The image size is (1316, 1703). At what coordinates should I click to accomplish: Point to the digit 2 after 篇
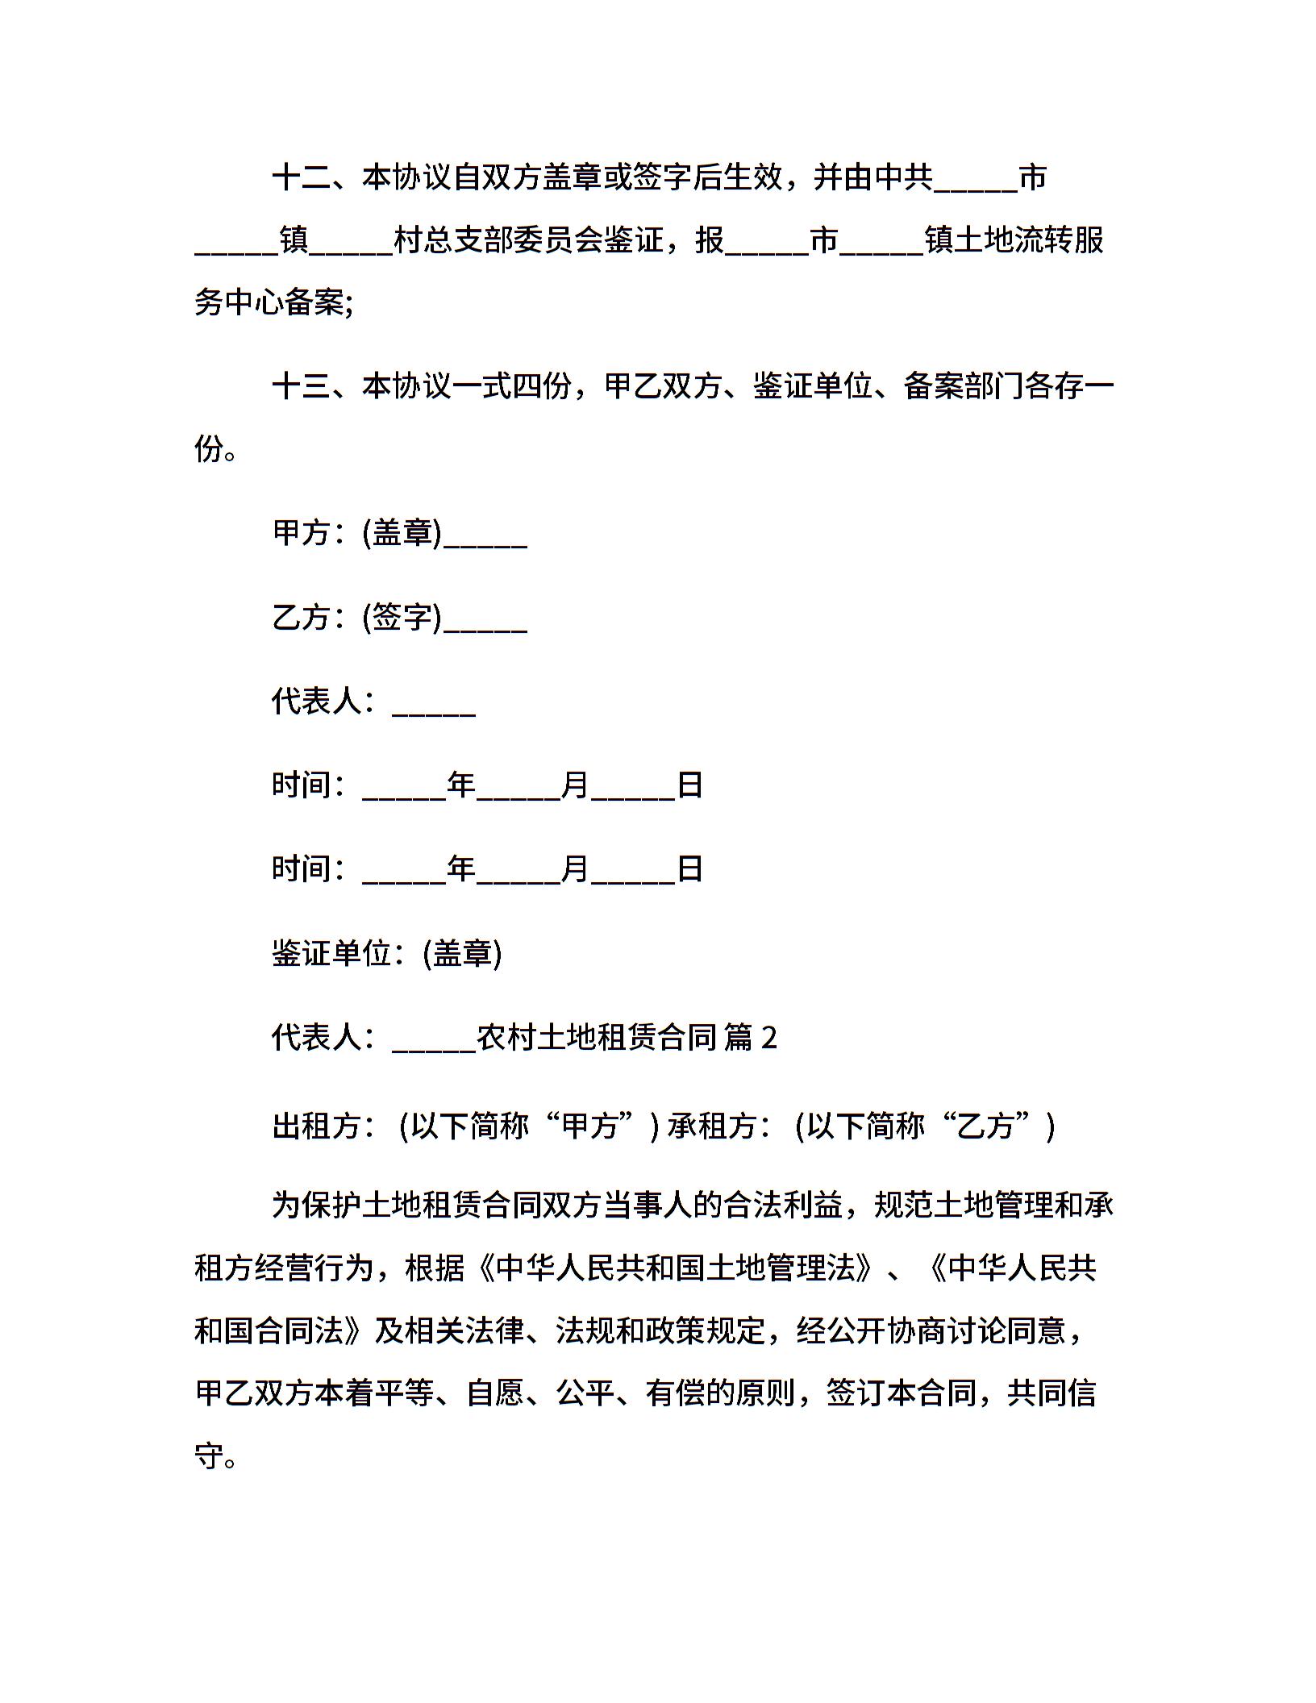769,1039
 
